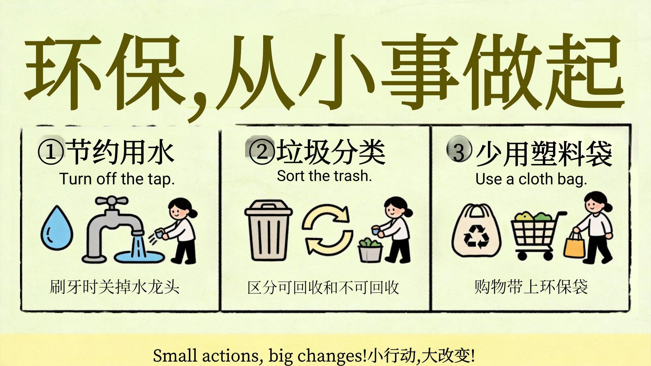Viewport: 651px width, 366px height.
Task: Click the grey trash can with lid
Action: click(x=268, y=230)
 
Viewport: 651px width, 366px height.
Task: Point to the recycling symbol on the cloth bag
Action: click(x=476, y=236)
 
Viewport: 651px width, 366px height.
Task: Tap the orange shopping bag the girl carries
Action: click(x=574, y=243)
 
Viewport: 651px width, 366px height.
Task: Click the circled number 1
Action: click(x=51, y=152)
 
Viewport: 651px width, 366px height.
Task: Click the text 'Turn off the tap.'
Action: click(x=117, y=179)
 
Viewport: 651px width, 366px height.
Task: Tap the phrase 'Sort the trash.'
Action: click(x=324, y=176)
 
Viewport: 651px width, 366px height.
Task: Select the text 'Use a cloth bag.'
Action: click(x=531, y=179)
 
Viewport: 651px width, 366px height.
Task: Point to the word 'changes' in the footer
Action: click(x=330, y=356)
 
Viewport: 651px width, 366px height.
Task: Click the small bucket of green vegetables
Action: click(x=370, y=250)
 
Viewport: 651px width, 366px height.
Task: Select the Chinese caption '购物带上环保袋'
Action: click(x=531, y=287)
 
